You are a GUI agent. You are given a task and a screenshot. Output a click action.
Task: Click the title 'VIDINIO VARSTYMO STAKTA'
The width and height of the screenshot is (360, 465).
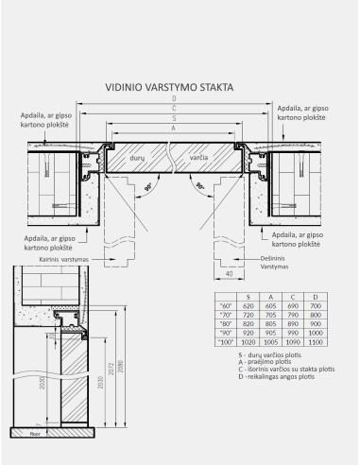174,87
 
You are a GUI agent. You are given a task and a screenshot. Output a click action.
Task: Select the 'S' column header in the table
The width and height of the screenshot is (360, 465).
248,298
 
